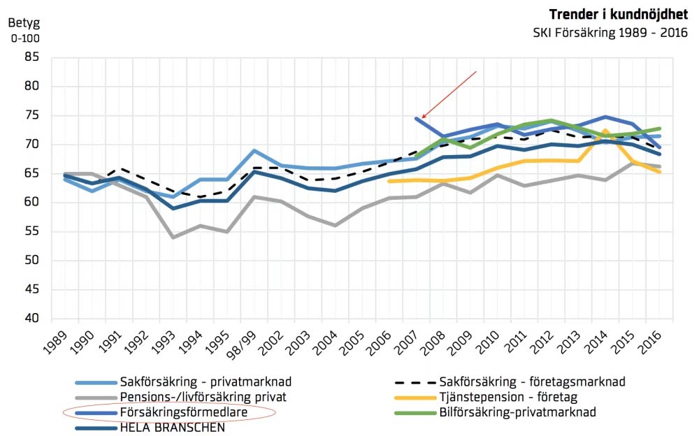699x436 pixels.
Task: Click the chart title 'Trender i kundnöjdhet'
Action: tap(619, 15)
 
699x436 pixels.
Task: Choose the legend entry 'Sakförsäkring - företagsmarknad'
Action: tap(531, 382)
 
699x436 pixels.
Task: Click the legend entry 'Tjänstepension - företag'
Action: tap(502, 397)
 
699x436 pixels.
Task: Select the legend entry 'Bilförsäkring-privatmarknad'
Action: tap(517, 412)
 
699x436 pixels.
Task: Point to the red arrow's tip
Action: tap(421, 118)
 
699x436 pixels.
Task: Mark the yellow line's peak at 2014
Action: tap(605, 131)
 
